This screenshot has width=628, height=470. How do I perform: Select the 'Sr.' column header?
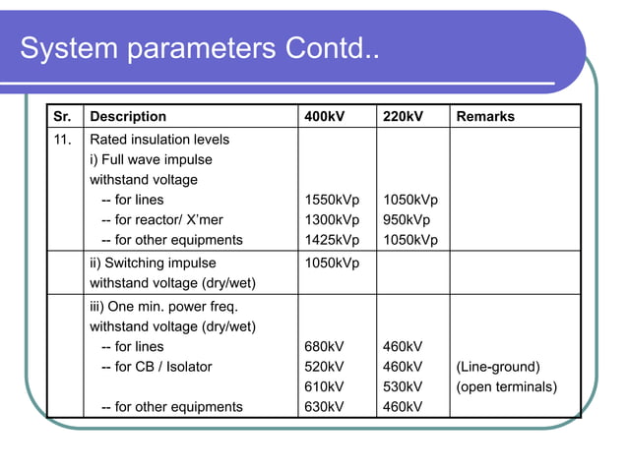(x=62, y=117)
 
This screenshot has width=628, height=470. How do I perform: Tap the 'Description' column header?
(x=128, y=117)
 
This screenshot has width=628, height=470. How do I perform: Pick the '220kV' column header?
(x=403, y=117)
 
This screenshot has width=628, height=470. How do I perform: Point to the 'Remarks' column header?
(x=485, y=117)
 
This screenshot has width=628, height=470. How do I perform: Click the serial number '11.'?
(x=63, y=140)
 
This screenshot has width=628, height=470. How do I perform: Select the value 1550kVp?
(x=333, y=200)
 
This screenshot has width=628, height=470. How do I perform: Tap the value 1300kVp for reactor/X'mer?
(x=333, y=220)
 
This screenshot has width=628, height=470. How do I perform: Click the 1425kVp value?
(x=333, y=240)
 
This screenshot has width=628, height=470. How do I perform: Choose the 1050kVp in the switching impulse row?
(x=333, y=264)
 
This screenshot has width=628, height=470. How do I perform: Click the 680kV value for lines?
(x=325, y=347)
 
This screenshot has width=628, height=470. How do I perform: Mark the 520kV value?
(x=325, y=367)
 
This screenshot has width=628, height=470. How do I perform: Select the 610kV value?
(x=325, y=386)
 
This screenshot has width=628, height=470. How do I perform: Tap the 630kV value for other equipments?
(x=325, y=407)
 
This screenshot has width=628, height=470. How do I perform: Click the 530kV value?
(x=403, y=386)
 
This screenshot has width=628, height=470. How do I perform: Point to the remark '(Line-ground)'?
(x=498, y=367)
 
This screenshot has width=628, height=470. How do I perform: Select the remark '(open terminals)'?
(x=506, y=386)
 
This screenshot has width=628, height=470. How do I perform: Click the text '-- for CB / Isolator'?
(x=157, y=367)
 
